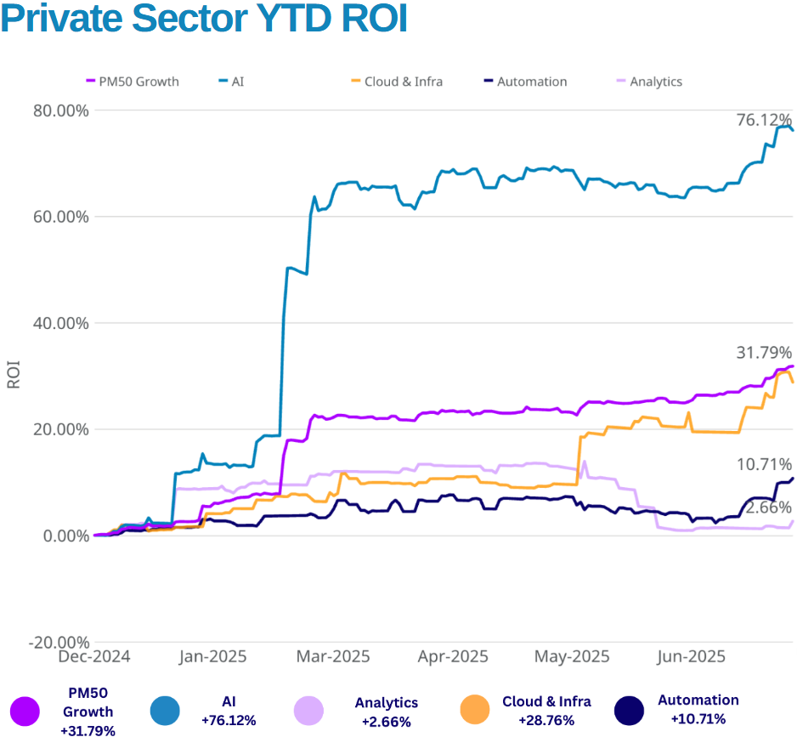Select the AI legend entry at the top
click(237, 82)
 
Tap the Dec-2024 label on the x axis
click(93, 656)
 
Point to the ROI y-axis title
click(14, 376)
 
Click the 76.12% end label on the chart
click(764, 121)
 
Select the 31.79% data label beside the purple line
click(764, 352)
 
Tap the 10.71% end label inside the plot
click(764, 464)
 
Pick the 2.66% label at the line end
click(768, 507)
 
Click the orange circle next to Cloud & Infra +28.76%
click(475, 711)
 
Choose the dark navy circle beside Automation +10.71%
click(630, 711)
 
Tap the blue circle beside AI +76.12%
click(165, 711)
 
